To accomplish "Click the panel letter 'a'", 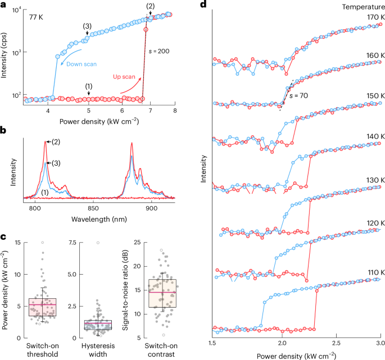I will (4, 4).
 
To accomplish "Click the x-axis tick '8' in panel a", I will (175, 110).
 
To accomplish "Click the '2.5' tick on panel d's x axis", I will (335, 342).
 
